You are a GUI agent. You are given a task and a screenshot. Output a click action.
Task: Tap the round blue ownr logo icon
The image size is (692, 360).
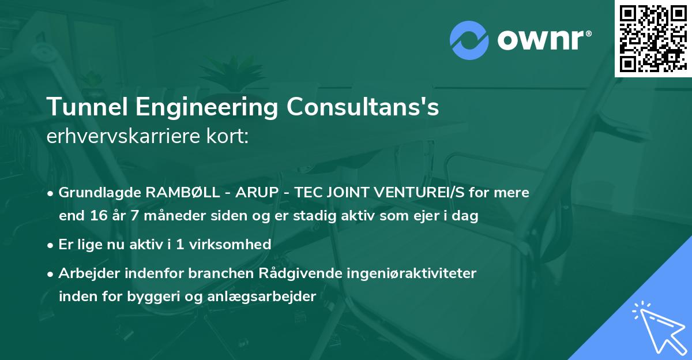pyautogui.click(x=470, y=40)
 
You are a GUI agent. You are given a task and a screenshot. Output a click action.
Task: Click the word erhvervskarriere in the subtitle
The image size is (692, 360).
pyautogui.click(x=121, y=137)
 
